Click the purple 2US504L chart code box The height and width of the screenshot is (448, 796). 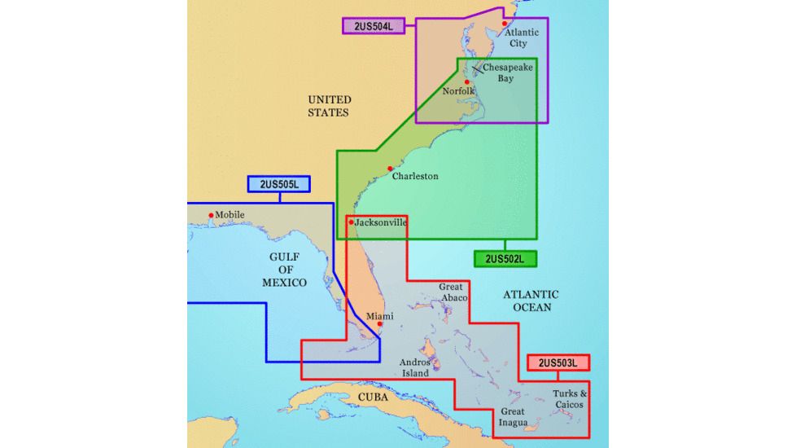click(373, 26)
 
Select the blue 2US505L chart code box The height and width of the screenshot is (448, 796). click(279, 184)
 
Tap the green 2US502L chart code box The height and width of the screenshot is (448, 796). click(505, 259)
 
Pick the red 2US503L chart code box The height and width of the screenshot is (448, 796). click(558, 362)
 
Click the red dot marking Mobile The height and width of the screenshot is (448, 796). click(212, 216)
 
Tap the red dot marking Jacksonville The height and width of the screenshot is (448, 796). click(351, 222)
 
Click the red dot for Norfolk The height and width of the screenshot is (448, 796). click(467, 82)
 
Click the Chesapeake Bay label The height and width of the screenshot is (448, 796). click(507, 73)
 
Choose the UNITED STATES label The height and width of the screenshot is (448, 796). click(329, 106)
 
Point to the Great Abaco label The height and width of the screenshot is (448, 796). click(453, 292)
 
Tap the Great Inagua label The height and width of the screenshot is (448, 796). click(513, 417)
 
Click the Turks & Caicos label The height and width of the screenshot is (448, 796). click(570, 399)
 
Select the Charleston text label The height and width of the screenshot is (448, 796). click(415, 176)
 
